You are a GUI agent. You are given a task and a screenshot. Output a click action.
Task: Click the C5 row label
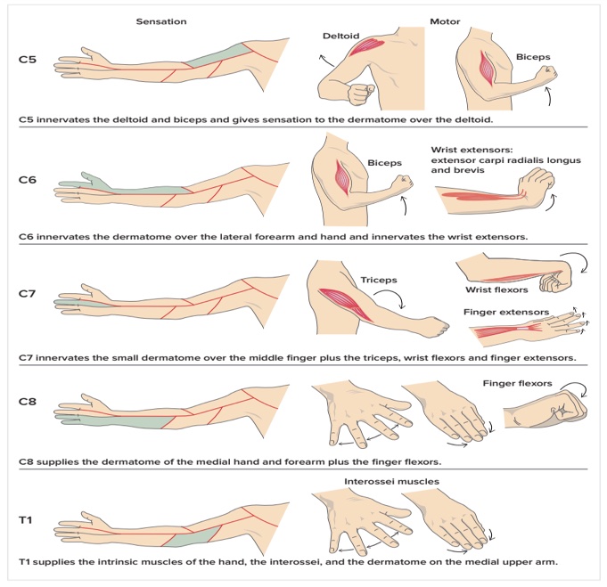pyautogui.click(x=28, y=61)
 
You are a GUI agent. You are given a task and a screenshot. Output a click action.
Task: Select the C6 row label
pyautogui.click(x=28, y=180)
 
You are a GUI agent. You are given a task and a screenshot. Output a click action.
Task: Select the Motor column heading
pyautogui.click(x=443, y=20)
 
